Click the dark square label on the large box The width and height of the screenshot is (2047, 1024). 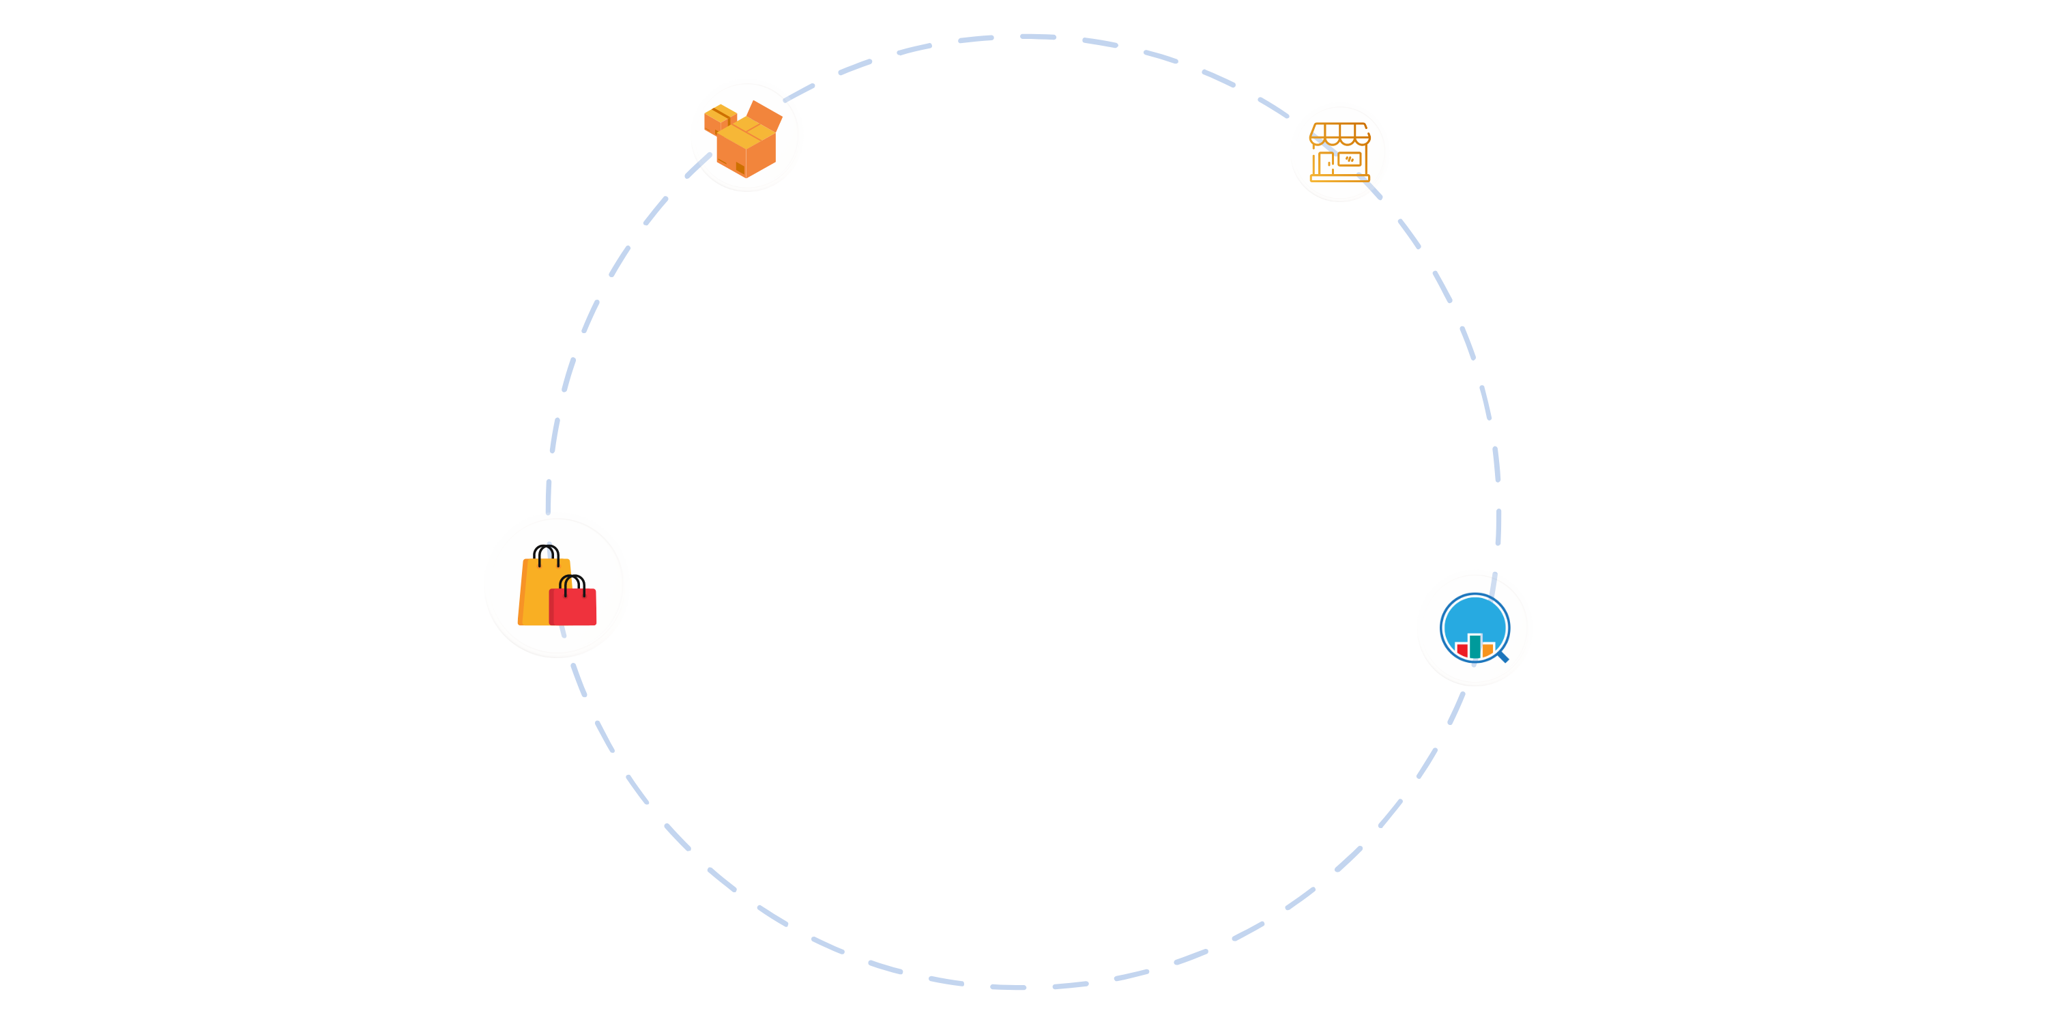[740, 168]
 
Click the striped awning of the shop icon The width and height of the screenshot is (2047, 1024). [1340, 134]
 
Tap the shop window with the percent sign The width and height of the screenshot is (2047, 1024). [1349, 160]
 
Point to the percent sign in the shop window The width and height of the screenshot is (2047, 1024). [1349, 160]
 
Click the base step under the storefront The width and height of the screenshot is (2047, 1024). [1340, 178]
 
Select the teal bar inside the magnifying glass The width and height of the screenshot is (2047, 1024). [1475, 646]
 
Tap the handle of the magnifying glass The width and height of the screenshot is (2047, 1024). [1502, 657]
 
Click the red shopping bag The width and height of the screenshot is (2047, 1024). [573, 608]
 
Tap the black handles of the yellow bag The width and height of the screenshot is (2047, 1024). [546, 554]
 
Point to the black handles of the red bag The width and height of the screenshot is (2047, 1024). [573, 584]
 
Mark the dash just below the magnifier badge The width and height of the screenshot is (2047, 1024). [1456, 707]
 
